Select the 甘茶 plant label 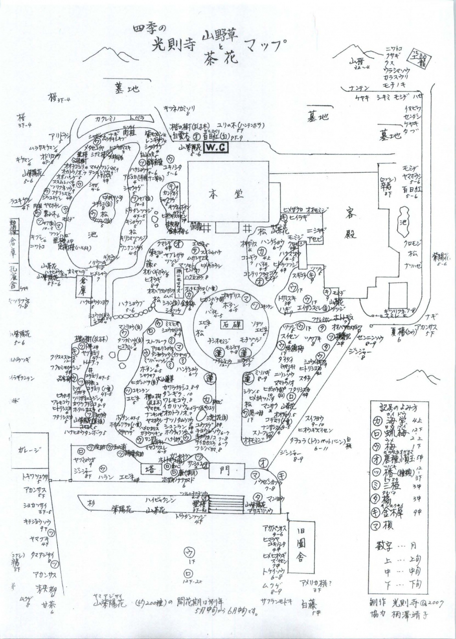pos(48,604)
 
